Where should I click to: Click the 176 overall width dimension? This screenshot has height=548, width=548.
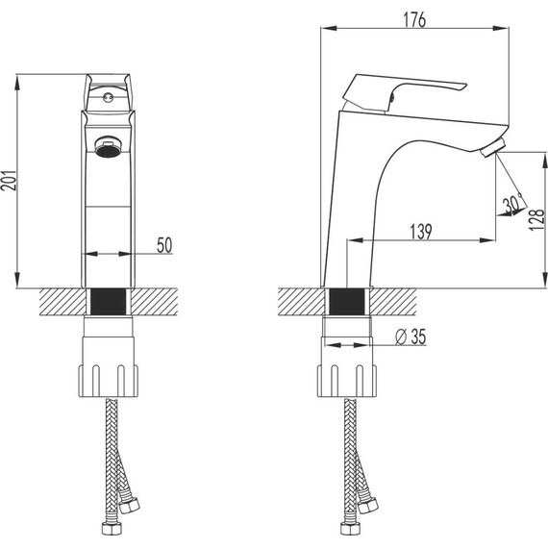coord(414,18)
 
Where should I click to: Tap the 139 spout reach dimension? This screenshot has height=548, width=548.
coord(420,231)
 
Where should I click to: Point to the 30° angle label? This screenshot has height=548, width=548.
coord(512,204)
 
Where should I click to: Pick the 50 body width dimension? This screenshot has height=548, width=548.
coord(163,246)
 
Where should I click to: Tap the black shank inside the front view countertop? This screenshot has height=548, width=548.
coord(108,302)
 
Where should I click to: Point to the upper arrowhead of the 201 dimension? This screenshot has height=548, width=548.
coord(19,80)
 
